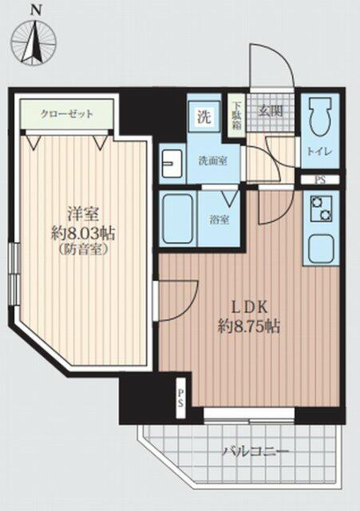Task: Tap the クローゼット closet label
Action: click(x=68, y=114)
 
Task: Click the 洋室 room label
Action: click(x=79, y=213)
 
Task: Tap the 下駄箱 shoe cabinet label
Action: click(x=237, y=113)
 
